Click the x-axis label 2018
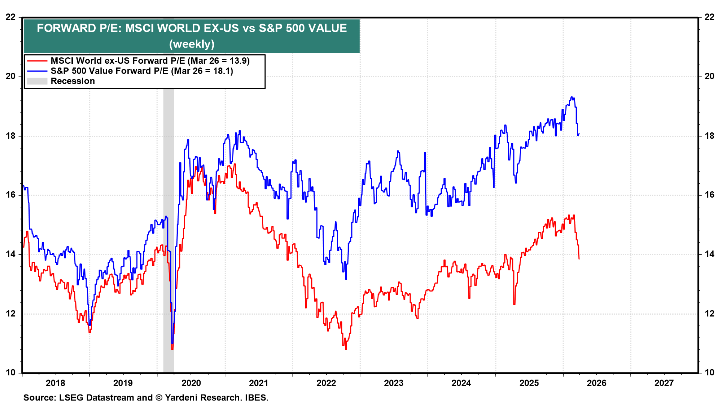coord(55,383)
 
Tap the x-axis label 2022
coord(326,383)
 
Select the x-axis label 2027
coord(664,383)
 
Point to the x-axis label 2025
coord(529,383)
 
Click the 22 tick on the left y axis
coord(10,17)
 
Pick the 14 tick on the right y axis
coord(709,254)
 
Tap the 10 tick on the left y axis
coord(10,372)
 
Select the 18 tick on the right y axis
coord(709,136)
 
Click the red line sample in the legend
coord(37,61)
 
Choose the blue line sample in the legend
coord(37,71)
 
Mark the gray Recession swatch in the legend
coord(37,81)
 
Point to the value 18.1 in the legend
coord(222,71)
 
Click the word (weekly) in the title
coord(192,44)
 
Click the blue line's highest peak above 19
coord(571,97)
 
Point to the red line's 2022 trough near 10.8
coord(346,349)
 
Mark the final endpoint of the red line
coord(579,259)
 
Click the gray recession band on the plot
coord(168,225)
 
